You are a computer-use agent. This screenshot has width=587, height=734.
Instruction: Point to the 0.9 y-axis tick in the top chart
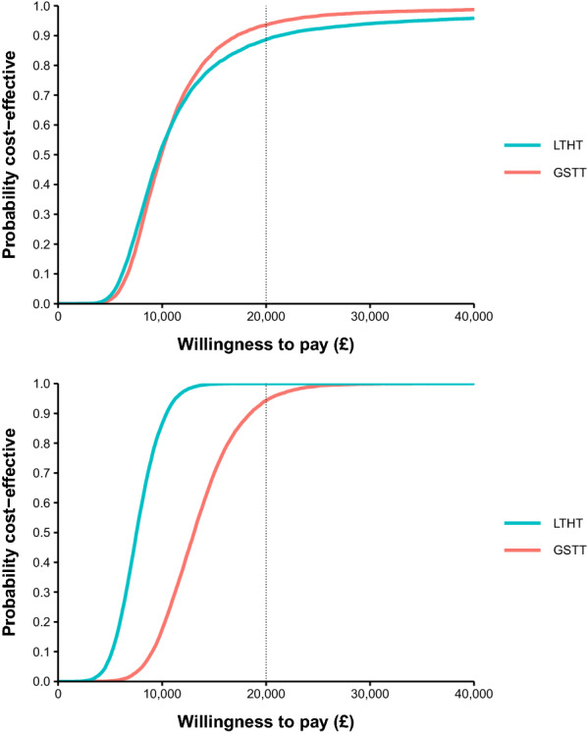[x=42, y=35]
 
